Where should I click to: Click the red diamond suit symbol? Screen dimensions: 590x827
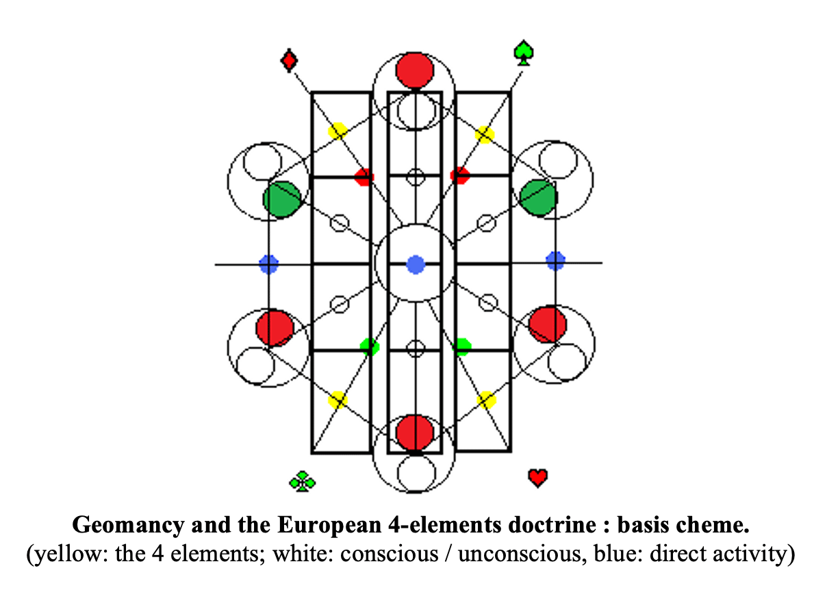point(289,60)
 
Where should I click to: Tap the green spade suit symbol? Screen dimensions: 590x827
point(524,53)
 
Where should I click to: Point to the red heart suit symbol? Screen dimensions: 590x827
point(538,477)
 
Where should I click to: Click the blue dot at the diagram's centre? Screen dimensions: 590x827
point(416,264)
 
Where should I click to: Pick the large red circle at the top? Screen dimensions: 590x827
point(415,70)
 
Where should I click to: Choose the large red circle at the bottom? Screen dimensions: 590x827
point(415,432)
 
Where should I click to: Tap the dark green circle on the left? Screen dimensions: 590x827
point(281,199)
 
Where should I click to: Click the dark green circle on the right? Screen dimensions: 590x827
point(538,198)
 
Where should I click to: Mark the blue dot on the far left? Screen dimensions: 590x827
point(268,264)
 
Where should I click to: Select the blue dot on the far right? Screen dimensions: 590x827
point(555,261)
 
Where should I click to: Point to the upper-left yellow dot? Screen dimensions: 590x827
point(338,131)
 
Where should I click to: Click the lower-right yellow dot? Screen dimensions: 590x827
point(486,400)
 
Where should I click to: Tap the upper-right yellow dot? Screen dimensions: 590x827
point(485,134)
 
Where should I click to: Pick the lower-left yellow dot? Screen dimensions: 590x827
point(338,400)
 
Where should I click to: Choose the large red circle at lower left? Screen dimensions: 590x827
point(275,327)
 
